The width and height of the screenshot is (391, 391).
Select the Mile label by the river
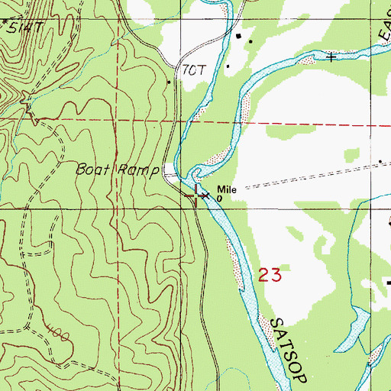(x=225, y=189)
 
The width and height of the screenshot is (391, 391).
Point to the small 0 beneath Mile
(x=219, y=199)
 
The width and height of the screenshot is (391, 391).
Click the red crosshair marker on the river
(x=197, y=195)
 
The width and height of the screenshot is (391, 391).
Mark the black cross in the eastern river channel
(x=331, y=57)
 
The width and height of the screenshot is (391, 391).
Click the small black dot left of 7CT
(x=169, y=81)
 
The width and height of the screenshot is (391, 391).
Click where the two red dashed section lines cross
(x=116, y=120)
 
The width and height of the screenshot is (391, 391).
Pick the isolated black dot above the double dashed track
(x=380, y=161)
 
